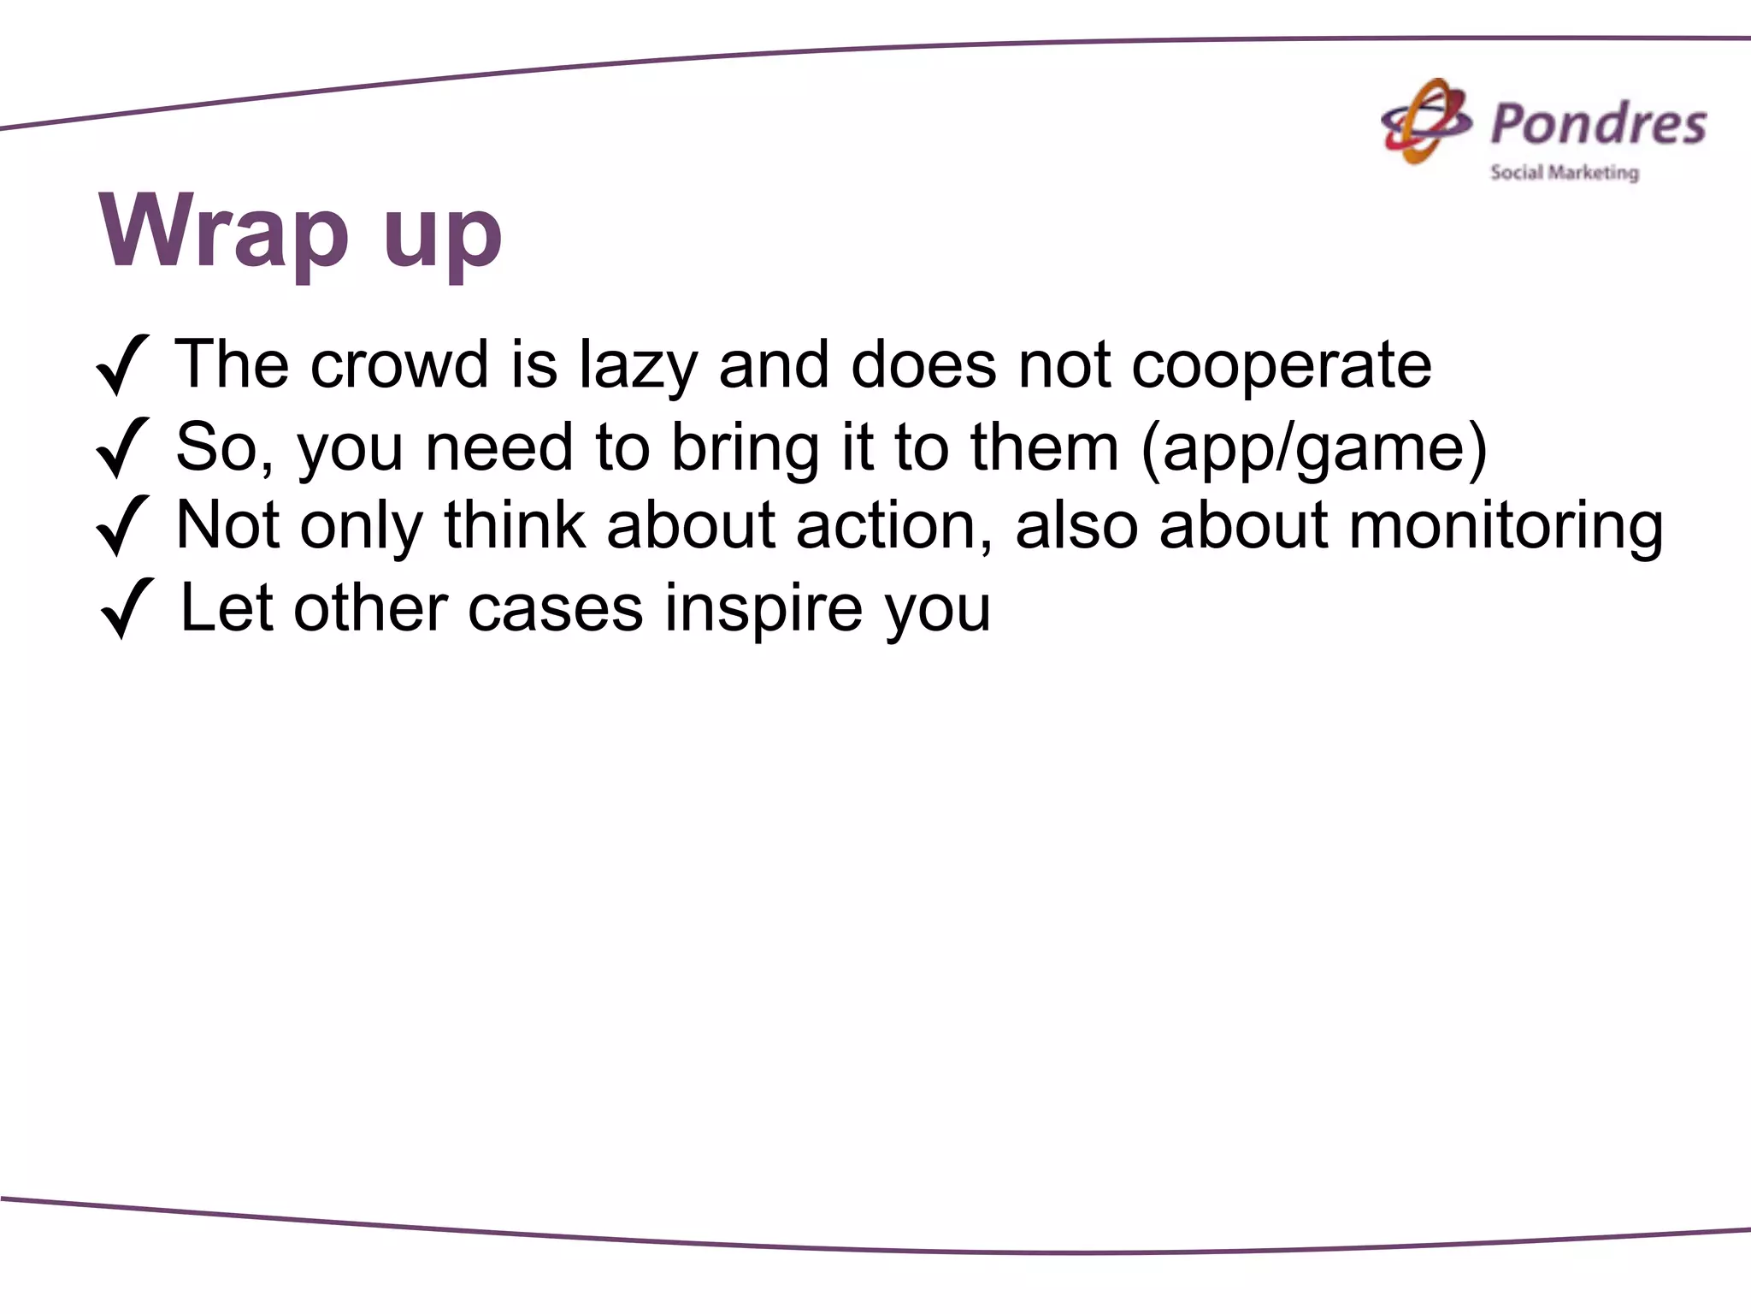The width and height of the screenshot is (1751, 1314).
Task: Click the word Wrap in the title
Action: tap(224, 231)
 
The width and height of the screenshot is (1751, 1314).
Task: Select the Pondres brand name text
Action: tap(1598, 124)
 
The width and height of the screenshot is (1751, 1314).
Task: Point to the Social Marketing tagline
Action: tap(1565, 173)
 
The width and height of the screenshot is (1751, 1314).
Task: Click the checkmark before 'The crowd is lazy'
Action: tap(122, 365)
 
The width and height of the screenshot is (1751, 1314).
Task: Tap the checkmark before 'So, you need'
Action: tap(122, 447)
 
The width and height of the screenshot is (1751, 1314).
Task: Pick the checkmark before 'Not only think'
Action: tap(122, 525)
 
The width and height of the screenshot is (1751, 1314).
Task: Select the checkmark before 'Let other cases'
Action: tap(127, 608)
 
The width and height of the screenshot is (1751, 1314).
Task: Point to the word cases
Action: tap(555, 609)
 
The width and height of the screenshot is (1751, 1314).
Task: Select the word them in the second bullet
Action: tap(1044, 447)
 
